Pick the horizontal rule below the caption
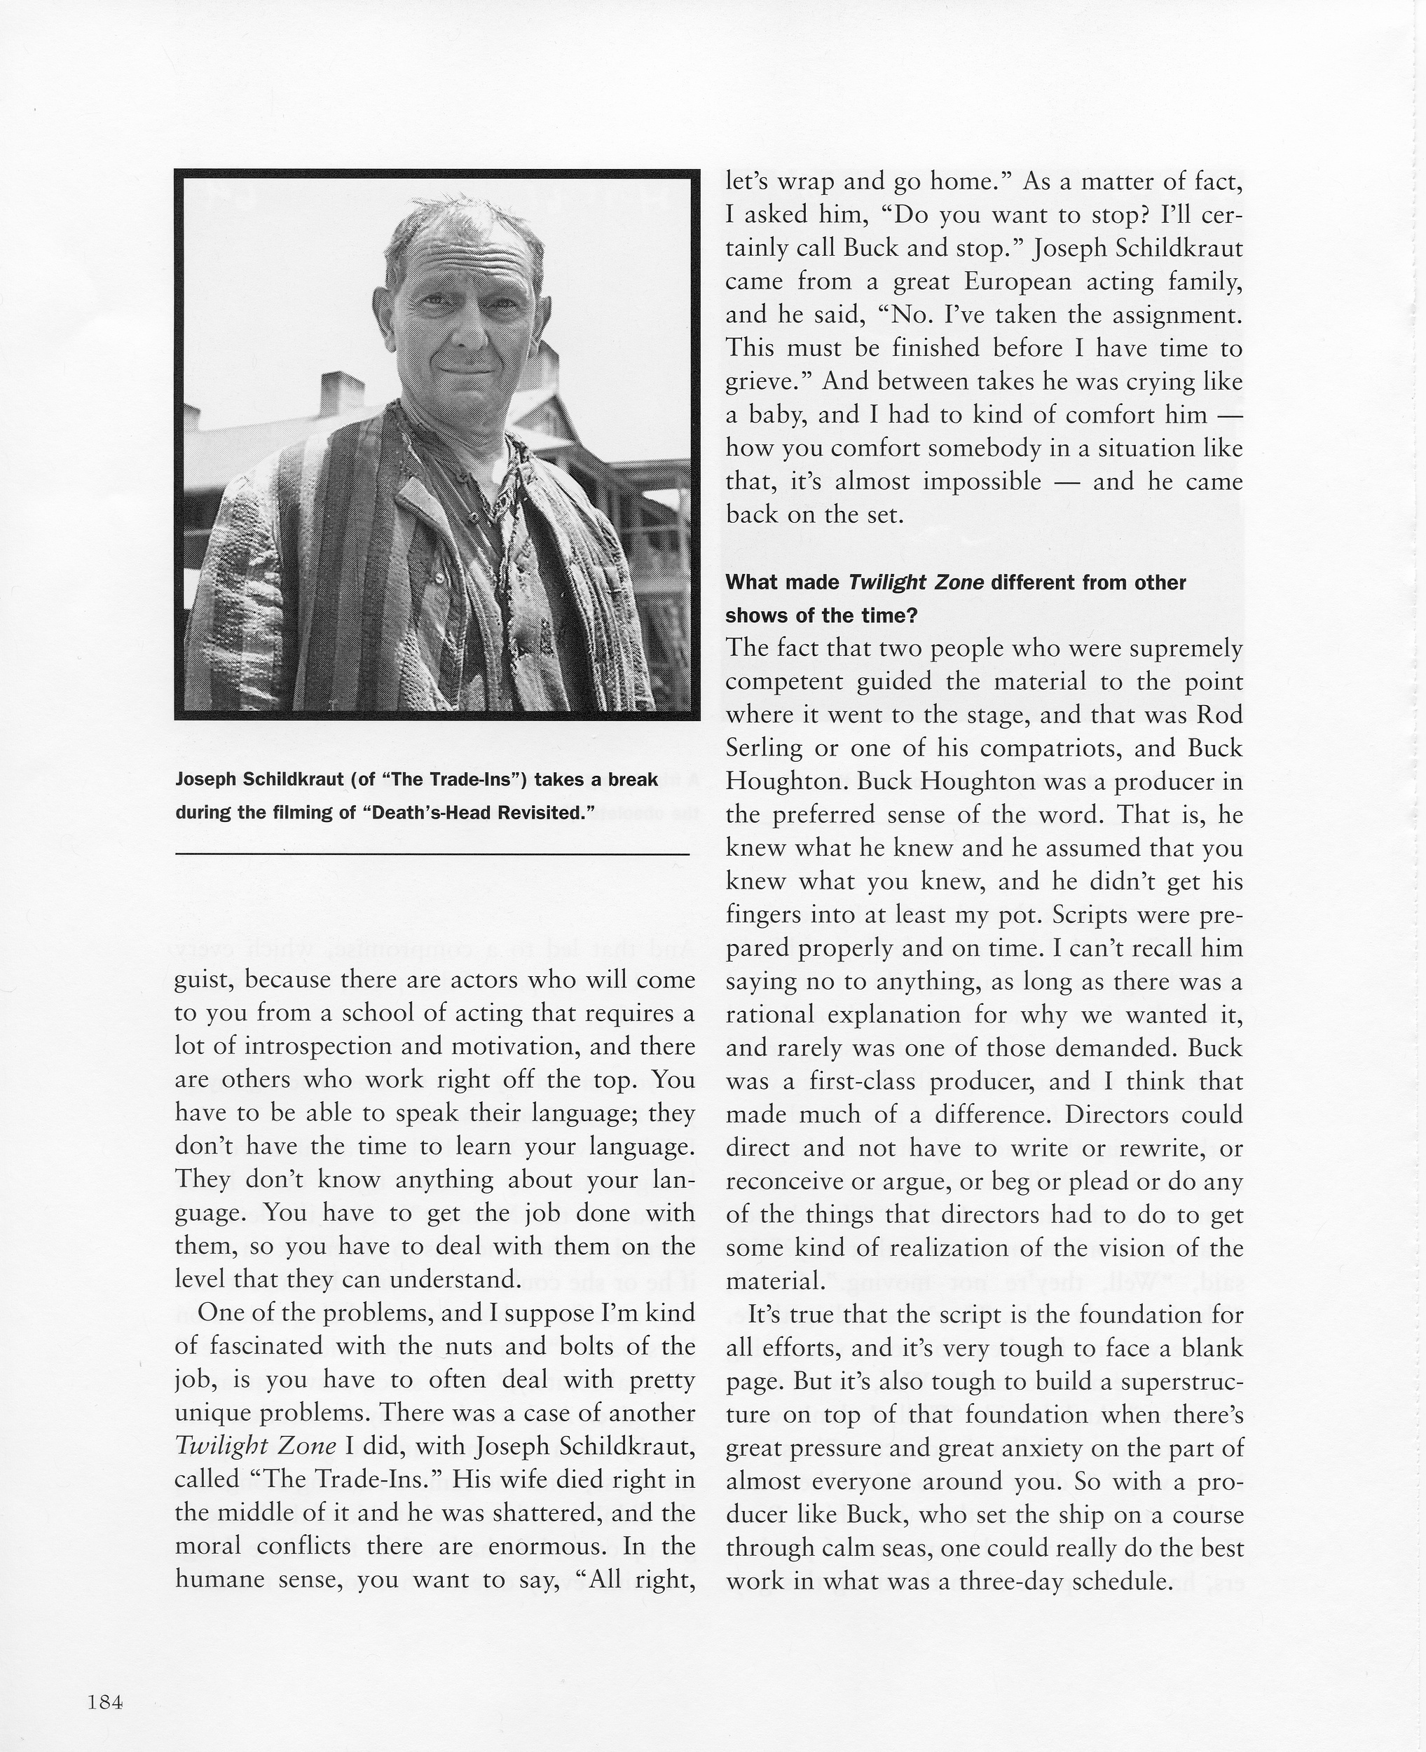[x=432, y=855]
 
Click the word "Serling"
[x=764, y=748]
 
